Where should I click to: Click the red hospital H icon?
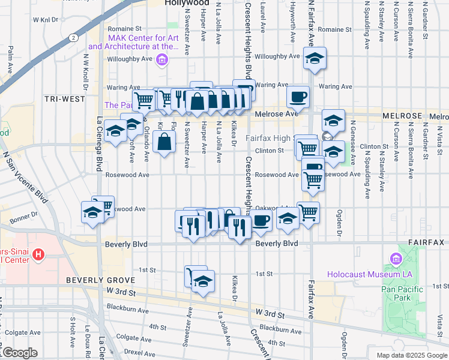39,255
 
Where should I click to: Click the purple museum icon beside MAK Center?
161,59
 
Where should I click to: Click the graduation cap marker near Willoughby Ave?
314,58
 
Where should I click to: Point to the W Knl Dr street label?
49,20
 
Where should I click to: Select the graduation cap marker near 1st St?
203,282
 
